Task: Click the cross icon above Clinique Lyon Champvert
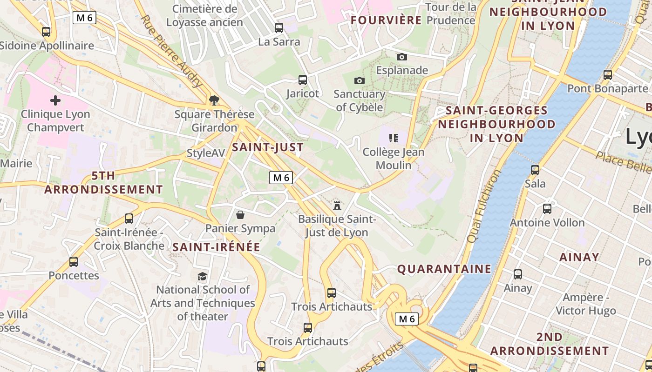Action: point(55,100)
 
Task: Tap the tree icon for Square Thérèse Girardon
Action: point(214,100)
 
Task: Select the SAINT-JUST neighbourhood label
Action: point(268,147)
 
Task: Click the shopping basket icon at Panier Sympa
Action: point(240,214)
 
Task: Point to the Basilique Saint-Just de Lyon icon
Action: point(337,205)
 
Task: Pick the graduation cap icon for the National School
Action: point(202,276)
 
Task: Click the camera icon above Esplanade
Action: point(402,57)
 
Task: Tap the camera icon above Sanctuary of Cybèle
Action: point(359,80)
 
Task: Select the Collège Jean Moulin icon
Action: point(394,138)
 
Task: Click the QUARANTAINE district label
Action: point(444,269)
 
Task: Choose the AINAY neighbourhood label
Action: point(579,257)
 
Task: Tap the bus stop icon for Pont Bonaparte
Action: point(608,74)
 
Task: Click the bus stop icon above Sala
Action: point(535,170)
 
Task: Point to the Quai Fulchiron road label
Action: point(484,206)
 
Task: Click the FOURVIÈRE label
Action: point(386,20)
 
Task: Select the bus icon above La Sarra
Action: point(279,28)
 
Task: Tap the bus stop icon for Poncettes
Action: point(74,262)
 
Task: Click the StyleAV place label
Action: point(205,153)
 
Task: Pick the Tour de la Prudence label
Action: point(451,13)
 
